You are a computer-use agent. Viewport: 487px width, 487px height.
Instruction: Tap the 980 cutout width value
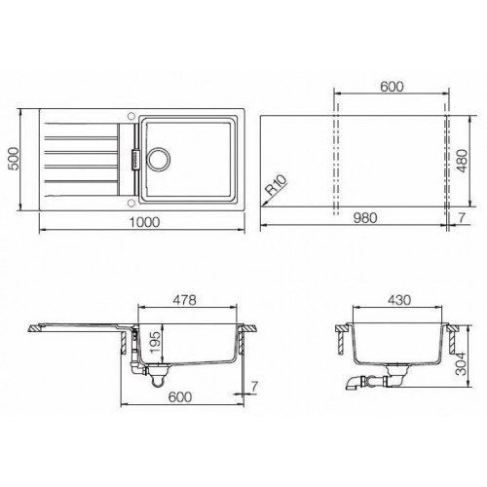pos(359,221)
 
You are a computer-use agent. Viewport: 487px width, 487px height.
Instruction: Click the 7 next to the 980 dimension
pos(461,221)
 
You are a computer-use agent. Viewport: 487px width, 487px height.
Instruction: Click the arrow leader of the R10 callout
pos(268,197)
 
